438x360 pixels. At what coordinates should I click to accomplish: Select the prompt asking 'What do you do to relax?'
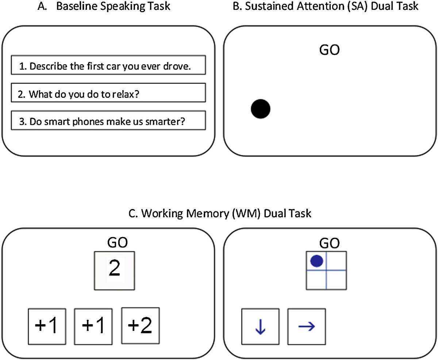[x=108, y=93]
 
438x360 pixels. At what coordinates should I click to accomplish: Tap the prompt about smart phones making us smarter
[x=108, y=121]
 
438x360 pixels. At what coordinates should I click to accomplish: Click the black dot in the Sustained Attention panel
[x=261, y=109]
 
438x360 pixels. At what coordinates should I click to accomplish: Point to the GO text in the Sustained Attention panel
[x=329, y=50]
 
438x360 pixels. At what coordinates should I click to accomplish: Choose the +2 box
[x=140, y=326]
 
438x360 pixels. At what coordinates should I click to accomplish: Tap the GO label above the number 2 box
[x=117, y=243]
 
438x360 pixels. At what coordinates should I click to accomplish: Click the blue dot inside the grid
[x=316, y=261]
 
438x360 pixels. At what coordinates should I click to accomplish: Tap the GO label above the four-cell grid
[x=329, y=243]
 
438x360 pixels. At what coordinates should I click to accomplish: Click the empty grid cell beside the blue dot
[x=336, y=261]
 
